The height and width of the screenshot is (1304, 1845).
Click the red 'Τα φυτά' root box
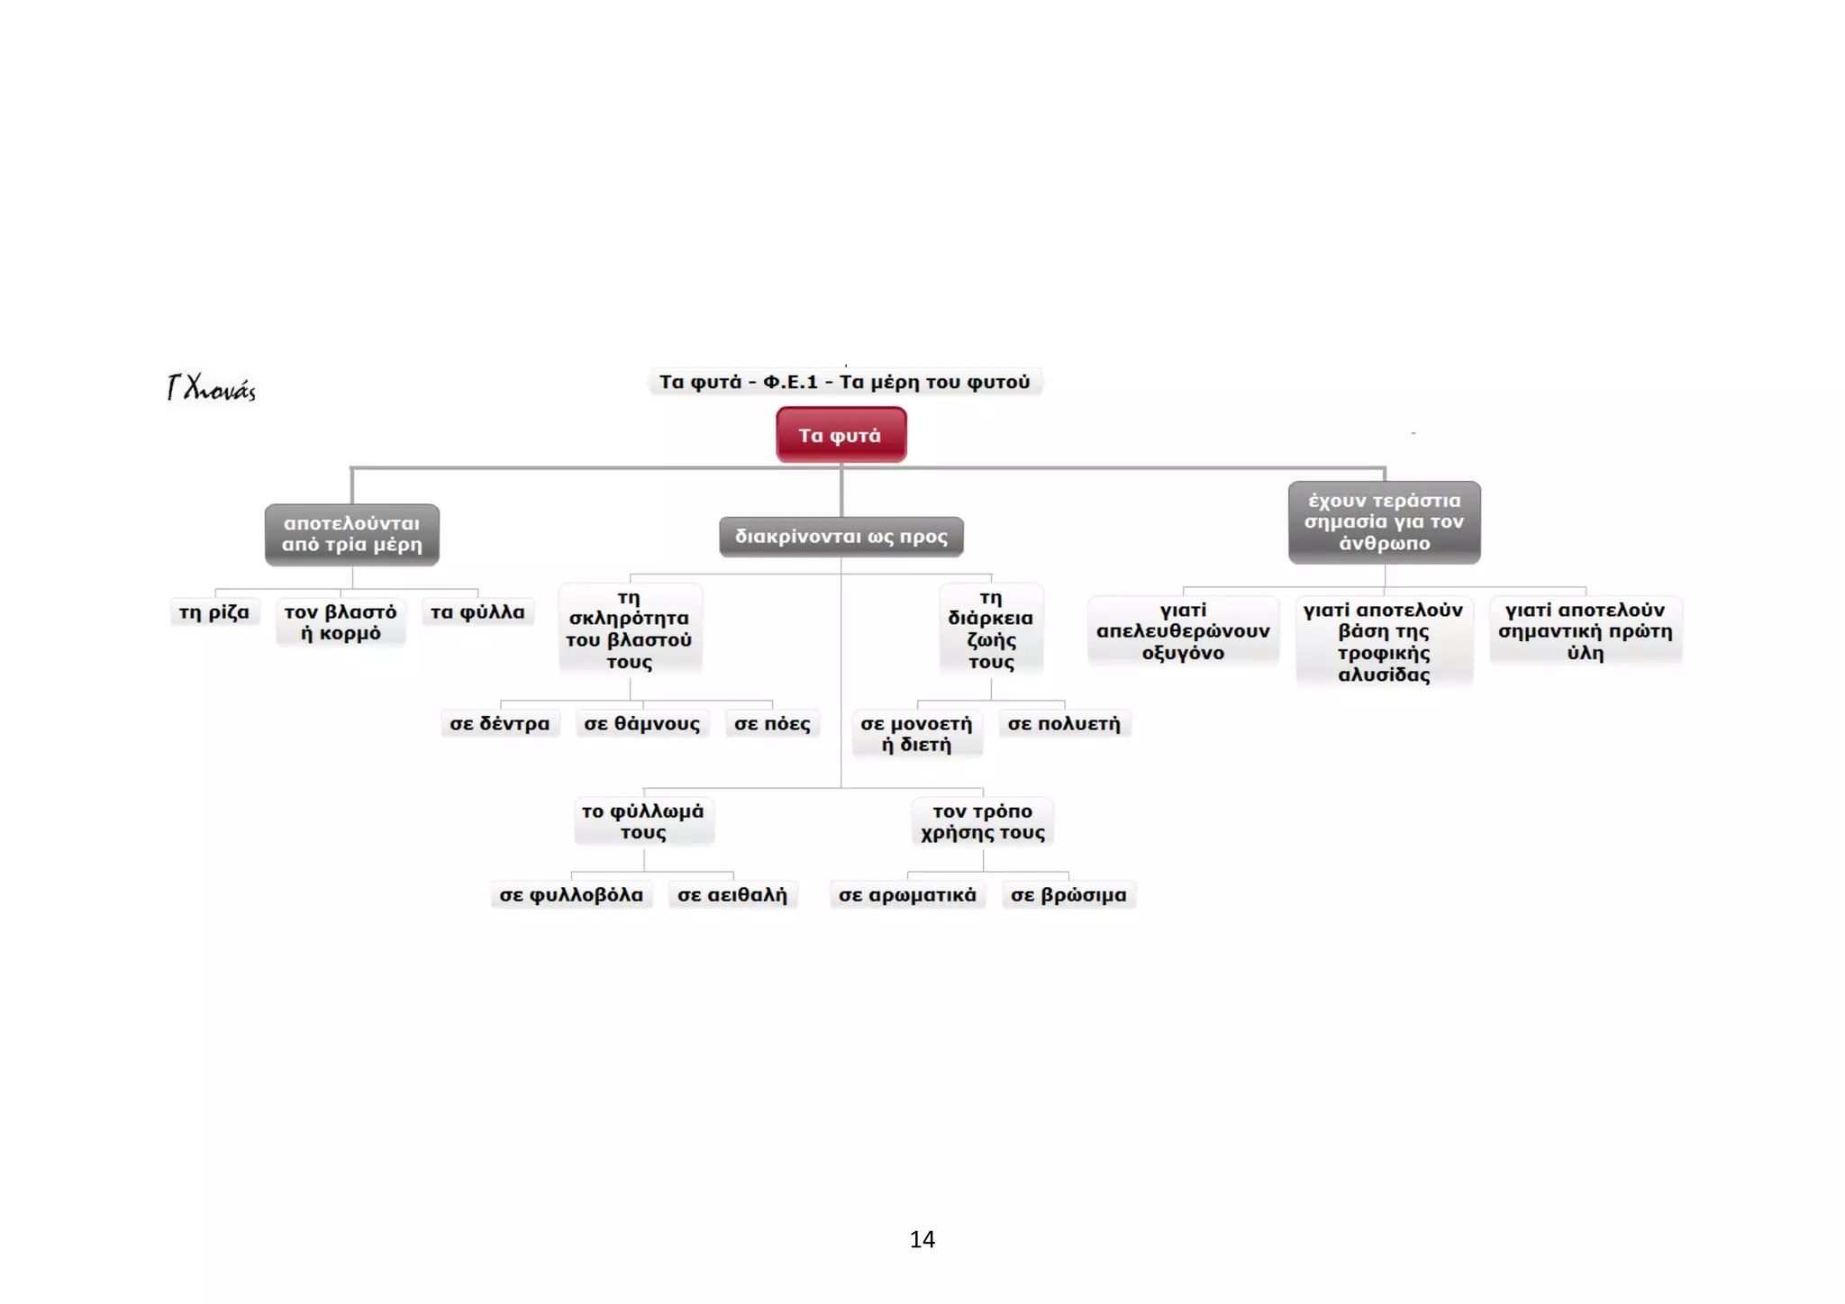pos(841,435)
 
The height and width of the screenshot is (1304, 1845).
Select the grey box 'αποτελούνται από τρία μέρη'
pos(352,534)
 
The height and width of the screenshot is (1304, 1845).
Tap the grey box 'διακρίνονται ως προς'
pos(841,537)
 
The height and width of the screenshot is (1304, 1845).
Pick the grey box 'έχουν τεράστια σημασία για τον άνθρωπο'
pos(1385,522)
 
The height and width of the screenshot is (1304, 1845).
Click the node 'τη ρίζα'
pos(214,612)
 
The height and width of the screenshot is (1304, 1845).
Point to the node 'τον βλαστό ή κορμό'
pos(341,622)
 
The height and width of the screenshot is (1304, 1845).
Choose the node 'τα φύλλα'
pos(477,612)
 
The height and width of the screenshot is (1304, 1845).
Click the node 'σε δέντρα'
pos(500,724)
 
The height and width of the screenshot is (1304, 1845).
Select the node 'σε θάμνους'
pos(642,724)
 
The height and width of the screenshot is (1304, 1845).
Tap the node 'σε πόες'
pos(772,724)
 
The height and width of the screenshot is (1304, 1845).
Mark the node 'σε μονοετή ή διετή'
pos(917,734)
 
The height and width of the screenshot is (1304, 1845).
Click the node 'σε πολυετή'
pos(1064,724)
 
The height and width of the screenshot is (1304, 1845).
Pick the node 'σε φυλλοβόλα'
pos(572,895)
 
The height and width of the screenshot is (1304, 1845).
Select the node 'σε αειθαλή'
pos(732,895)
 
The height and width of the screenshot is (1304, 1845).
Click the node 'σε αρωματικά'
pos(908,895)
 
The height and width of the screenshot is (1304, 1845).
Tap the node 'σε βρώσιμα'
pos(1068,895)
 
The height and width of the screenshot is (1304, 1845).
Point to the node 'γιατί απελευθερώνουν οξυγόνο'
pos(1184,631)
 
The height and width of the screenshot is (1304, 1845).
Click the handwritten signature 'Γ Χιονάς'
pos(212,388)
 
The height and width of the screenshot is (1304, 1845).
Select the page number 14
pos(922,1240)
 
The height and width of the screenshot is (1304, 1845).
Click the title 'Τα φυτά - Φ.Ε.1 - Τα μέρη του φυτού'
pos(845,382)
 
